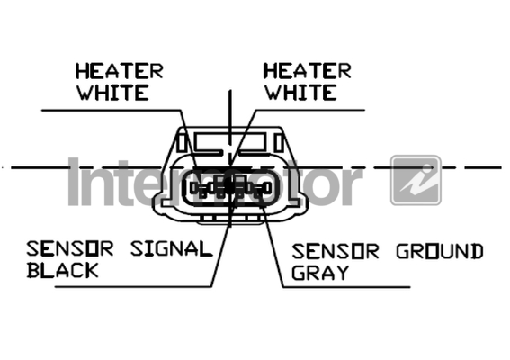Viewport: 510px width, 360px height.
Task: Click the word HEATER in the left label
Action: [120, 71]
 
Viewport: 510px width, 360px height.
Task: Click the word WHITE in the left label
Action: [112, 93]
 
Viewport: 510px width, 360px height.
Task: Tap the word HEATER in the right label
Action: [307, 71]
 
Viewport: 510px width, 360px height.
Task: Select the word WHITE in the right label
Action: [300, 93]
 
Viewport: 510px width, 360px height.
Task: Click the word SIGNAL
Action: [172, 249]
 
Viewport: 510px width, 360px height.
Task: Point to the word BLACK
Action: [62, 270]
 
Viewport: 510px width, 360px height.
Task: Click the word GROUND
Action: [440, 251]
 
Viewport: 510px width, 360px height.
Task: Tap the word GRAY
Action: [320, 273]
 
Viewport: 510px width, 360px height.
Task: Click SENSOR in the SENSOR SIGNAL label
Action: [70, 249]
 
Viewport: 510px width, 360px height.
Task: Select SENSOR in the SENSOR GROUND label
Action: [336, 251]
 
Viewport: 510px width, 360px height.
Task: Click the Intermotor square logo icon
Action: [416, 180]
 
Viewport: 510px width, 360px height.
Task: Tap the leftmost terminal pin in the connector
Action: [199, 188]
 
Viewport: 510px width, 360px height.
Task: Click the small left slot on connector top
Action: [182, 143]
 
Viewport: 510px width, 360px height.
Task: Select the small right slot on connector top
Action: [279, 143]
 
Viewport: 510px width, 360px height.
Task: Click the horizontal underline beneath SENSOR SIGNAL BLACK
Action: [133, 287]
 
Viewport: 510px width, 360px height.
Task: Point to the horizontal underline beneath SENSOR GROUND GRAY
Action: [346, 287]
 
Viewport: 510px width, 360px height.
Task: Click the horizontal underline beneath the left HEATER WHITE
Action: [111, 110]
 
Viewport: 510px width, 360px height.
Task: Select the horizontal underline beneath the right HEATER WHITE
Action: [310, 110]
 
